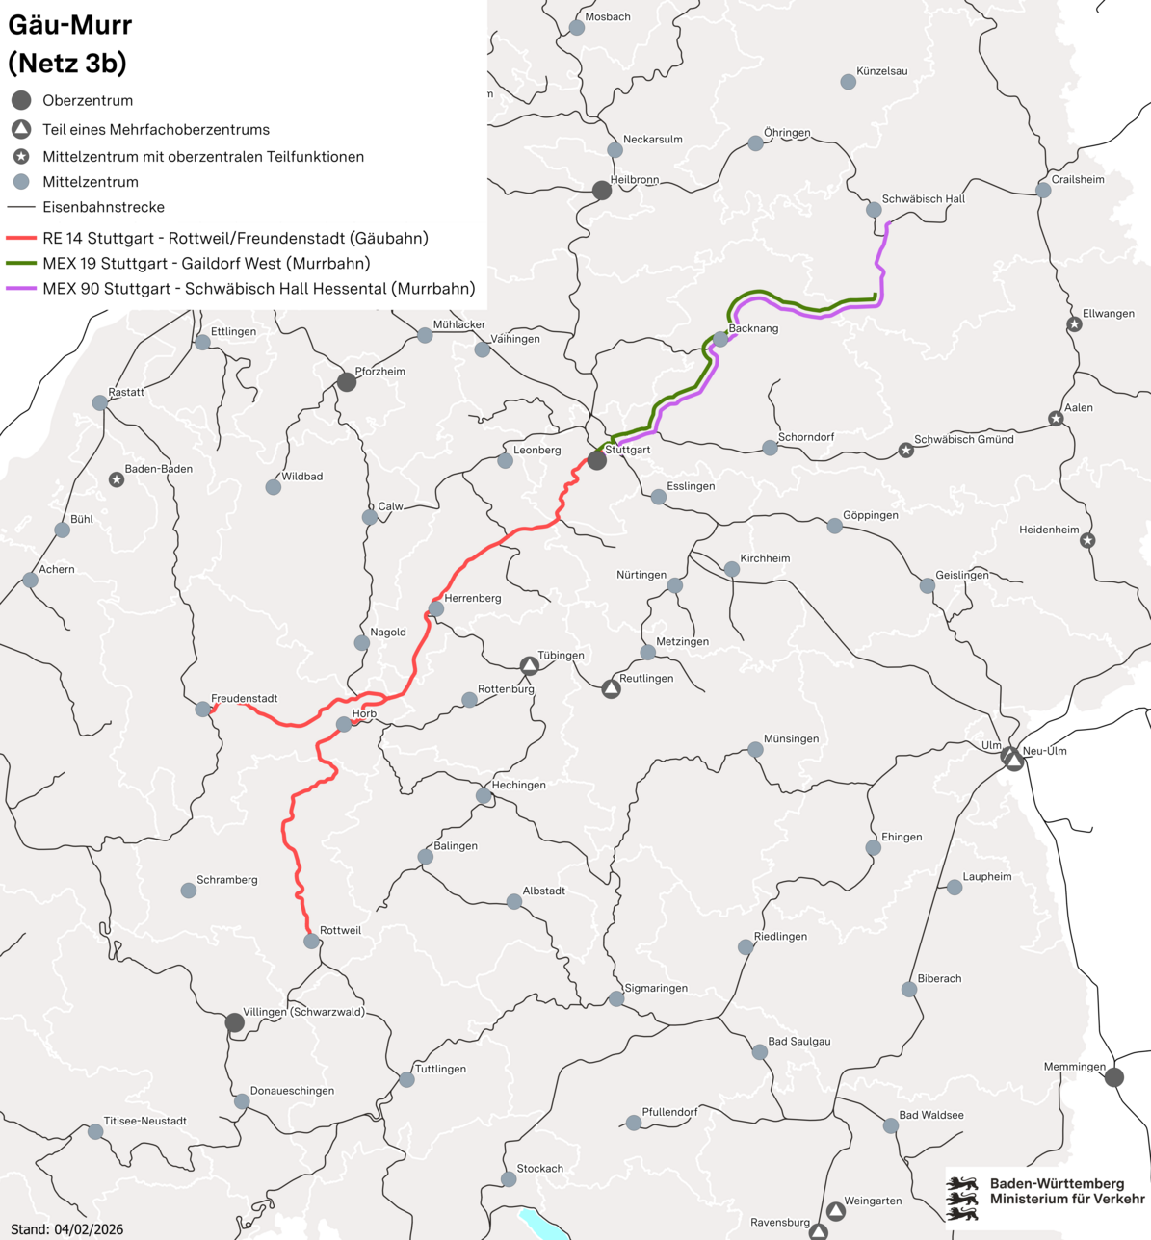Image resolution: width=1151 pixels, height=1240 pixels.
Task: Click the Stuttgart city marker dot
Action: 597,460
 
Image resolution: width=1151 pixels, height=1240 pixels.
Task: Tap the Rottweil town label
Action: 340,930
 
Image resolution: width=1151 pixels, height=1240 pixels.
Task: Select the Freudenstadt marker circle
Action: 202,710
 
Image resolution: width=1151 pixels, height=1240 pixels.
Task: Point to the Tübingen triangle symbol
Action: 529,665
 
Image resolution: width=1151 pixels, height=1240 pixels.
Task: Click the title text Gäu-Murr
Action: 69,25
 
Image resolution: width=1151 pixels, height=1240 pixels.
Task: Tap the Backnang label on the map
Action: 753,328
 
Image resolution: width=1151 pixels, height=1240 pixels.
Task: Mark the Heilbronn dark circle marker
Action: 602,191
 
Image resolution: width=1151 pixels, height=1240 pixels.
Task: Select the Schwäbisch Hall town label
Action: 923,199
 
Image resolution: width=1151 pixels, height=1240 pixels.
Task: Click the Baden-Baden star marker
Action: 117,479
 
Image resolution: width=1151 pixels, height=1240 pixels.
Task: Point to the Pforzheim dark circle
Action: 347,382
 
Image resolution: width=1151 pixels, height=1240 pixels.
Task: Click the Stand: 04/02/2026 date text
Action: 66,1229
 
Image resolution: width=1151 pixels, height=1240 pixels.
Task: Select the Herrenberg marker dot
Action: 436,608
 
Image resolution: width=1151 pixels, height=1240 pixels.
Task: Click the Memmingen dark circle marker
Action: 1114,1077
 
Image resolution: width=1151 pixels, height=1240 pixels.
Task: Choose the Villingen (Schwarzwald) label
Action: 303,1012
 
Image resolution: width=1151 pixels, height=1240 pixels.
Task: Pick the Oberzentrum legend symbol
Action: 21,100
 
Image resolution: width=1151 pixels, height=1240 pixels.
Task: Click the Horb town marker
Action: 344,724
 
